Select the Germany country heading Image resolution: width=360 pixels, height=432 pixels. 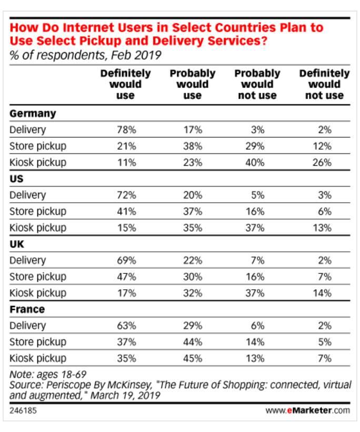(x=33, y=113)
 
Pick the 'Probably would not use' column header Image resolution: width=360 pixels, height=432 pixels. (x=257, y=84)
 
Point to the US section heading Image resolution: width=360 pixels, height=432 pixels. (x=17, y=179)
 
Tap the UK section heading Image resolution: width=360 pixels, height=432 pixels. (x=17, y=244)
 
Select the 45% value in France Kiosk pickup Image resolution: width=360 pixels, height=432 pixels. (x=193, y=358)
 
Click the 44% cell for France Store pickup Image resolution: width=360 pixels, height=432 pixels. (x=193, y=342)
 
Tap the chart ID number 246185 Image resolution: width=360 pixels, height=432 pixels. (x=22, y=409)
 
